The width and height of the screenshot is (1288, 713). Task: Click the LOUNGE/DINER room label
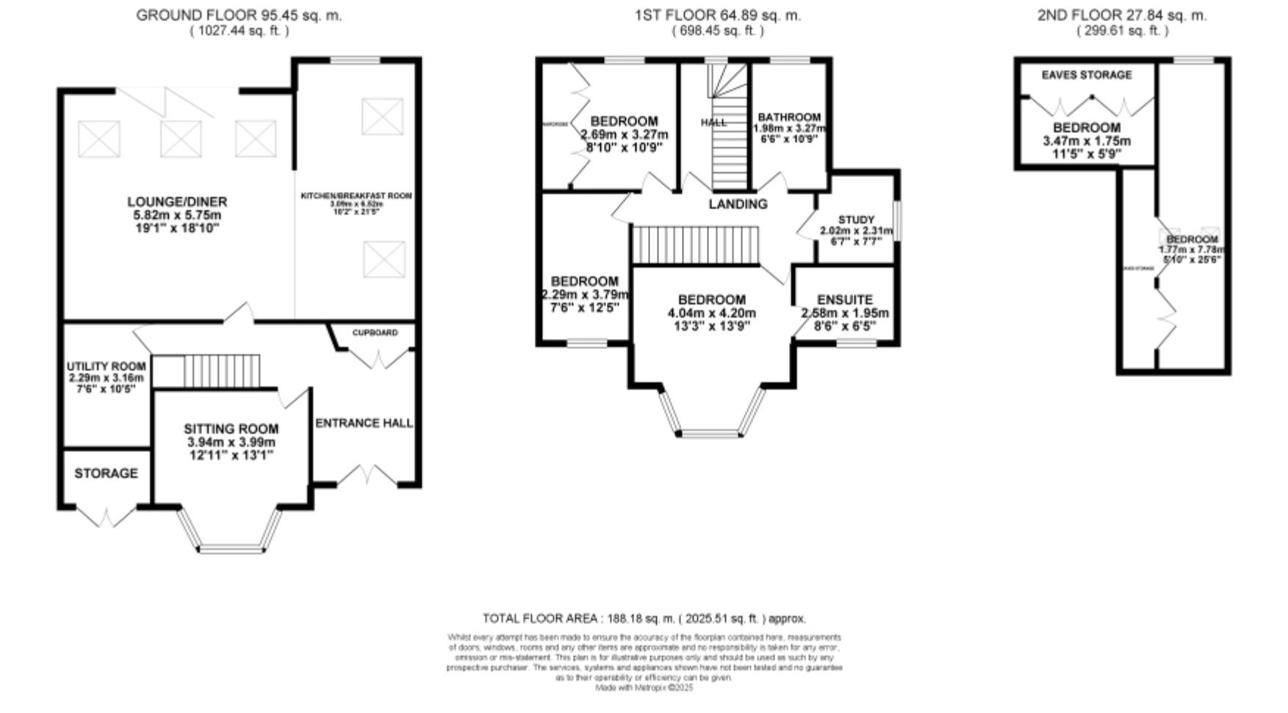pyautogui.click(x=177, y=202)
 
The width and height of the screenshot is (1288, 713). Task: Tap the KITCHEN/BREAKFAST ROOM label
pyautogui.click(x=356, y=196)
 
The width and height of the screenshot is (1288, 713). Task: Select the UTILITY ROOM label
pyautogui.click(x=106, y=367)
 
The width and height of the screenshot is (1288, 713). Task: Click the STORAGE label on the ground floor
pyautogui.click(x=106, y=473)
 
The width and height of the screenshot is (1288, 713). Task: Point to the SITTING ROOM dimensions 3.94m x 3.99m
pyautogui.click(x=231, y=443)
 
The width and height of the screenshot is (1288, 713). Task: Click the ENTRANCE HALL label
pyautogui.click(x=364, y=423)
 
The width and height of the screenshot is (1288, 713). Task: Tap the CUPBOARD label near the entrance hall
pyautogui.click(x=375, y=333)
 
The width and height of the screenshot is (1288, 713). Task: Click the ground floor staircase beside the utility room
pyautogui.click(x=220, y=371)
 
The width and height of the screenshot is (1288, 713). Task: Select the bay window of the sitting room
pyautogui.click(x=231, y=547)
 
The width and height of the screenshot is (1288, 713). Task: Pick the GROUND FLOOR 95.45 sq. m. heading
pyautogui.click(x=239, y=15)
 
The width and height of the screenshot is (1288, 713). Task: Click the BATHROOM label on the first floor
pyautogui.click(x=789, y=118)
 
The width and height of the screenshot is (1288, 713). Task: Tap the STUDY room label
pyautogui.click(x=856, y=220)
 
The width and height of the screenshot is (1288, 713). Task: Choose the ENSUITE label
pyautogui.click(x=845, y=300)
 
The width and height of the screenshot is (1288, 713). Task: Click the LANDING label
pyautogui.click(x=738, y=204)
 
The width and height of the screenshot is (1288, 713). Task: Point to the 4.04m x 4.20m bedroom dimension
pyautogui.click(x=711, y=313)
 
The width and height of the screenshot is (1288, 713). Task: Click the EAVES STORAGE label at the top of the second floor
pyautogui.click(x=1087, y=75)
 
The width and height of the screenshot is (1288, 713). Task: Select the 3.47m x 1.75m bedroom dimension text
pyautogui.click(x=1087, y=141)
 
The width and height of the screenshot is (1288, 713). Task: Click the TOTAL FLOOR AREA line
pyautogui.click(x=644, y=619)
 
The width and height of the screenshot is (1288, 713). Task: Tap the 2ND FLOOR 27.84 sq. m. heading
pyautogui.click(x=1122, y=15)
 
